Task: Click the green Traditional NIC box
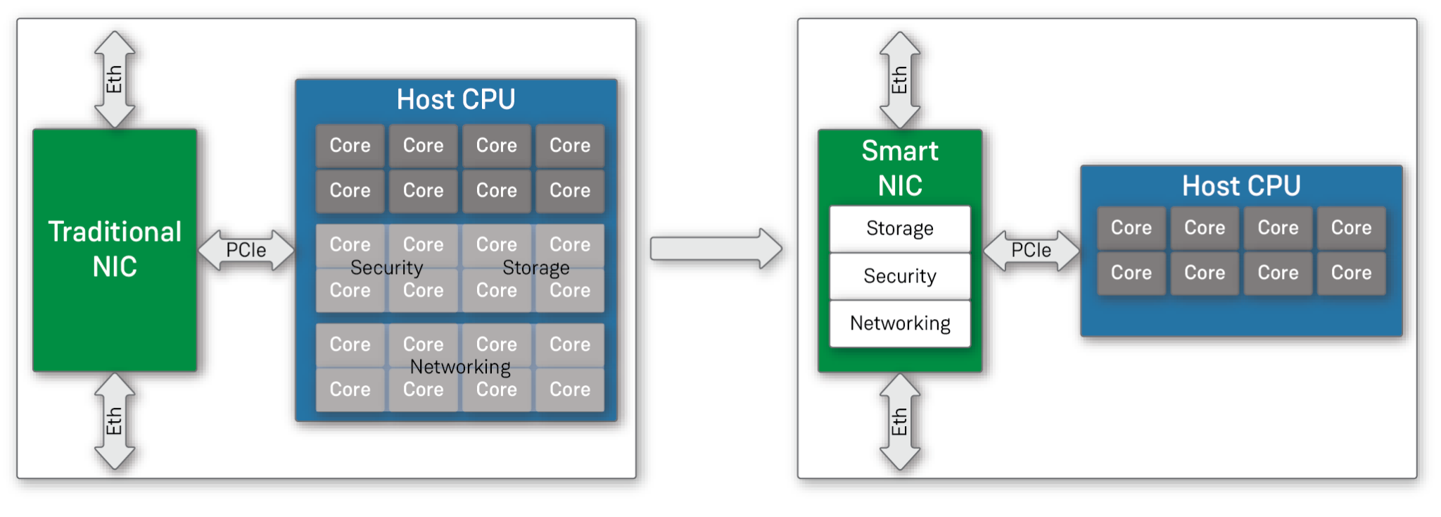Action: (115, 250)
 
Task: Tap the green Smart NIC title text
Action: (900, 168)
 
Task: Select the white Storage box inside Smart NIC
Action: (900, 228)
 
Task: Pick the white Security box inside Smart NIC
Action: (900, 276)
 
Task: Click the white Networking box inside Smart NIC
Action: (900, 323)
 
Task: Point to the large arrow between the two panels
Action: (715, 248)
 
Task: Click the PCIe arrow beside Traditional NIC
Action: (246, 250)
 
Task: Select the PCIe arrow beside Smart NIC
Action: (1031, 250)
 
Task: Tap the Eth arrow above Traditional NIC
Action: (115, 79)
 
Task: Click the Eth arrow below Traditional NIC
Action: (115, 421)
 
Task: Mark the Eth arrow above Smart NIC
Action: (900, 80)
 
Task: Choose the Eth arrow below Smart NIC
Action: (900, 422)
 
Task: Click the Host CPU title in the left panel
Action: (456, 99)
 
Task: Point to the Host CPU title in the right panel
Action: (1241, 186)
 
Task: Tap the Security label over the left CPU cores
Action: (387, 268)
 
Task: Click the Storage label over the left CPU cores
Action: (536, 268)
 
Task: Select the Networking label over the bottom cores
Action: (460, 367)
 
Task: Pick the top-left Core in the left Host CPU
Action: (350, 146)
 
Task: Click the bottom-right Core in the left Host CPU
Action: (570, 390)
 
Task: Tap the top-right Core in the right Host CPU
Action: (1351, 228)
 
